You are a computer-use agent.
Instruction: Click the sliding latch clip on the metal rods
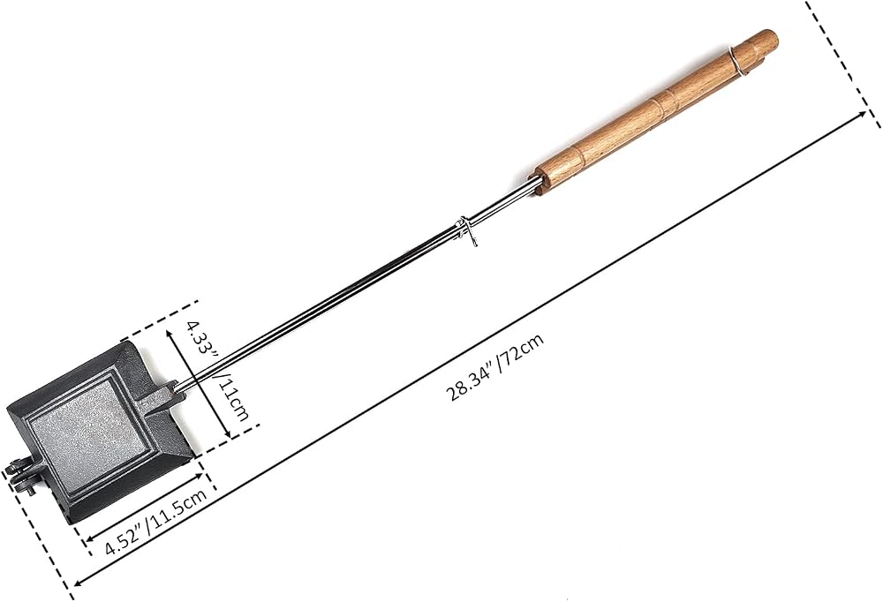point(467,230)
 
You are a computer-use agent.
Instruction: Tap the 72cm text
point(522,350)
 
